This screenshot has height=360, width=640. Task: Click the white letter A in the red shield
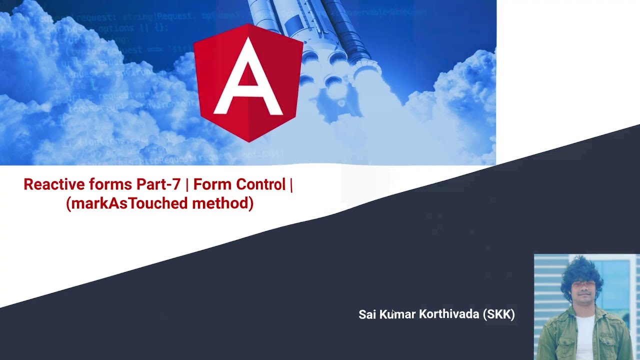coord(248,80)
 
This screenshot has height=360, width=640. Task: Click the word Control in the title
coord(260,184)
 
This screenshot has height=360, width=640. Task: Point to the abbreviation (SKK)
coord(498,314)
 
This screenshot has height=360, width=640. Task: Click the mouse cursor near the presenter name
coord(393,312)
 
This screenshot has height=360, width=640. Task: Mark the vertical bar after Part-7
coord(187,184)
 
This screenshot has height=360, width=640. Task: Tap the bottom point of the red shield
coord(248,141)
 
